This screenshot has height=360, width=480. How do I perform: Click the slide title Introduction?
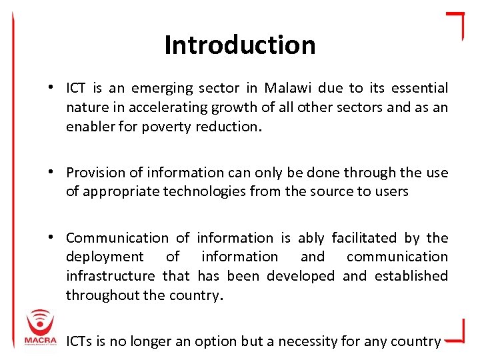(x=240, y=45)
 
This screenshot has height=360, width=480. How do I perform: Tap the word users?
(x=391, y=192)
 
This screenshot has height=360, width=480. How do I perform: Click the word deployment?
(x=105, y=257)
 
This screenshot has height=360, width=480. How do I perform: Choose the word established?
(x=411, y=276)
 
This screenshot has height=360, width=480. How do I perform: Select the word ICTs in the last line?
(x=80, y=341)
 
